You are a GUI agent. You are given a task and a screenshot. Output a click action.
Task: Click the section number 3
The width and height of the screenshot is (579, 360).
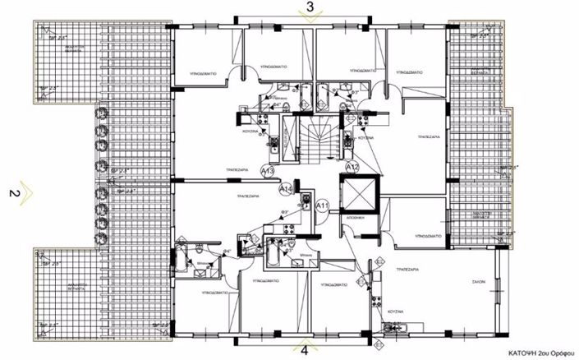pos(310,7)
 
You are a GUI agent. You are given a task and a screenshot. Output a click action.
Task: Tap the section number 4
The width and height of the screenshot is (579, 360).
pos(306,351)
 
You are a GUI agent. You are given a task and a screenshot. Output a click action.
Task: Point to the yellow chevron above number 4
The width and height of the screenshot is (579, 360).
pos(306,341)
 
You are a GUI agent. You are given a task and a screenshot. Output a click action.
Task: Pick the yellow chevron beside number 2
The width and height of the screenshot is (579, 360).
pos(27,193)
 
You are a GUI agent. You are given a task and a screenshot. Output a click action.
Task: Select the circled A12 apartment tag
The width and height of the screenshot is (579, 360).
pos(352,167)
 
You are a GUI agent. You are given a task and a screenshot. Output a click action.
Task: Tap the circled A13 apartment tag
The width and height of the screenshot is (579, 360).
pos(268,171)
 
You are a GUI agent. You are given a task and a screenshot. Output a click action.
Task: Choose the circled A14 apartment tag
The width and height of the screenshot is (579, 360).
pos(287,189)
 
